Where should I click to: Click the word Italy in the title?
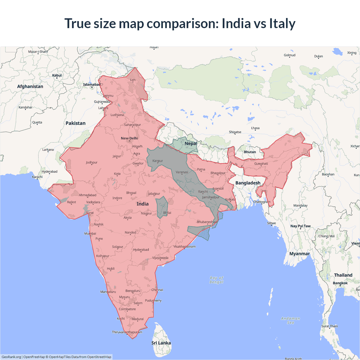pyautogui.click(x=282, y=23)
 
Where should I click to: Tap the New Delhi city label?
pyautogui.click(x=129, y=138)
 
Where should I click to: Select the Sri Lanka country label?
pyautogui.click(x=161, y=343)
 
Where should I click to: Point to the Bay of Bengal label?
pyautogui.click(x=216, y=280)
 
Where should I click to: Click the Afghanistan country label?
pyautogui.click(x=30, y=86)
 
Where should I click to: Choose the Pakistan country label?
pyautogui.click(x=75, y=123)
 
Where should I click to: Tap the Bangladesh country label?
pyautogui.click(x=248, y=183)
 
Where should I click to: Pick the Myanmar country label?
pyautogui.click(x=299, y=254)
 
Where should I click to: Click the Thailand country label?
pyautogui.click(x=343, y=275)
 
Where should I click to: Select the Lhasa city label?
pyautogui.click(x=255, y=128)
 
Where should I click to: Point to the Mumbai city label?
pyautogui.click(x=90, y=233)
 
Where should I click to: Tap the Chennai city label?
pyautogui.click(x=157, y=290)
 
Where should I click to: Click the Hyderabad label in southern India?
pyautogui.click(x=141, y=250)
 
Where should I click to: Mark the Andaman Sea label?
pyautogui.click(x=291, y=321)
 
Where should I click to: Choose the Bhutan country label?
pyautogui.click(x=250, y=152)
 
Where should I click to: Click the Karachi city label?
pyautogui.click(x=37, y=177)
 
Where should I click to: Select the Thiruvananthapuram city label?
pyautogui.click(x=127, y=332)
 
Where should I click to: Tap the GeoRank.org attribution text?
pyautogui.click(x=11, y=357)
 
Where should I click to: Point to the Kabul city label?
pyautogui.click(x=57, y=75)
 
